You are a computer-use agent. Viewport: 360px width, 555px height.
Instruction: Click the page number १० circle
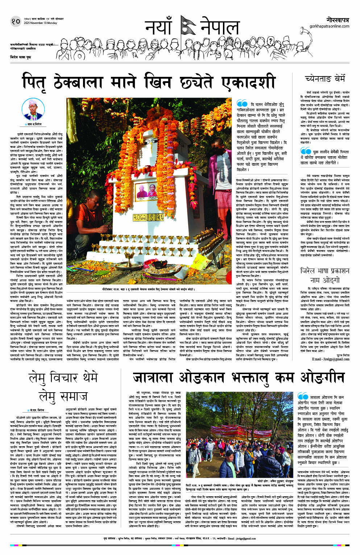pos(16,21)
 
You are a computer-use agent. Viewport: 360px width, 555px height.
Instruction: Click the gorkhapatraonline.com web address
pos(329,26)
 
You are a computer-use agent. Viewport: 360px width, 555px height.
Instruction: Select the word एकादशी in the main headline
pos(248,82)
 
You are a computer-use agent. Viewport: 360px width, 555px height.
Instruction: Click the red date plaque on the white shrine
pos(149,217)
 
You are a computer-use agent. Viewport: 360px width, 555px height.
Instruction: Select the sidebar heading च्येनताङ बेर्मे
pos(325,79)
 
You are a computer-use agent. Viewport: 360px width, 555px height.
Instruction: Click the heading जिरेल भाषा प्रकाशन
pos(324,271)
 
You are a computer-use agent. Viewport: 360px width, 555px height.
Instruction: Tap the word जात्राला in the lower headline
pos(154,378)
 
